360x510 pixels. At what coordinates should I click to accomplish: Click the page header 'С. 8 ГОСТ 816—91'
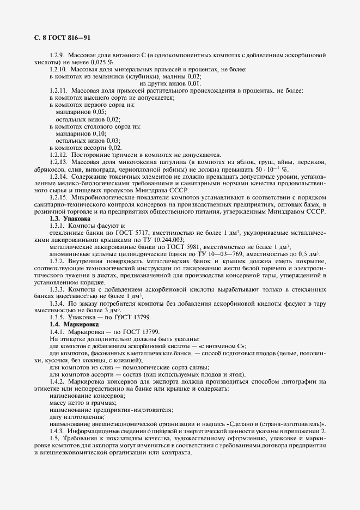58,38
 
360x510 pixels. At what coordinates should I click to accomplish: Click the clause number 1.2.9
57,55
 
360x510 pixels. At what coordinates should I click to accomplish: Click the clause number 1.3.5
57,317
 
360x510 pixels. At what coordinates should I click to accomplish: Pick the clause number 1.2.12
59,155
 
